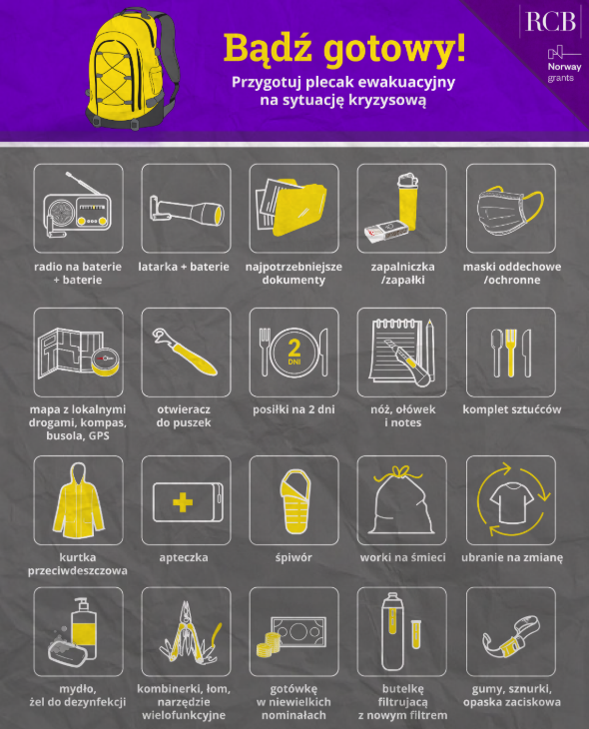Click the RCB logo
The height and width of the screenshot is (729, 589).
click(550, 21)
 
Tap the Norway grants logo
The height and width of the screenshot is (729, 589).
click(564, 65)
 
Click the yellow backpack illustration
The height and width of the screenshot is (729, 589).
click(133, 69)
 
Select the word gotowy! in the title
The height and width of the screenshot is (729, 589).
click(394, 49)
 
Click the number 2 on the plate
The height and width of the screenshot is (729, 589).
click(294, 348)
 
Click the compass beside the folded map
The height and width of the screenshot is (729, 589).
click(105, 361)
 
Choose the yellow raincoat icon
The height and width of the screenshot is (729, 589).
click(78, 500)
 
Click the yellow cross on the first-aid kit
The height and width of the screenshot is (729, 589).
click(183, 502)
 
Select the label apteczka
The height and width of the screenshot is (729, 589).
click(184, 557)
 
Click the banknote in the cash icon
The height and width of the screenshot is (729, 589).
click(298, 632)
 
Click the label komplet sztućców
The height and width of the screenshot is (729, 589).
click(512, 409)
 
